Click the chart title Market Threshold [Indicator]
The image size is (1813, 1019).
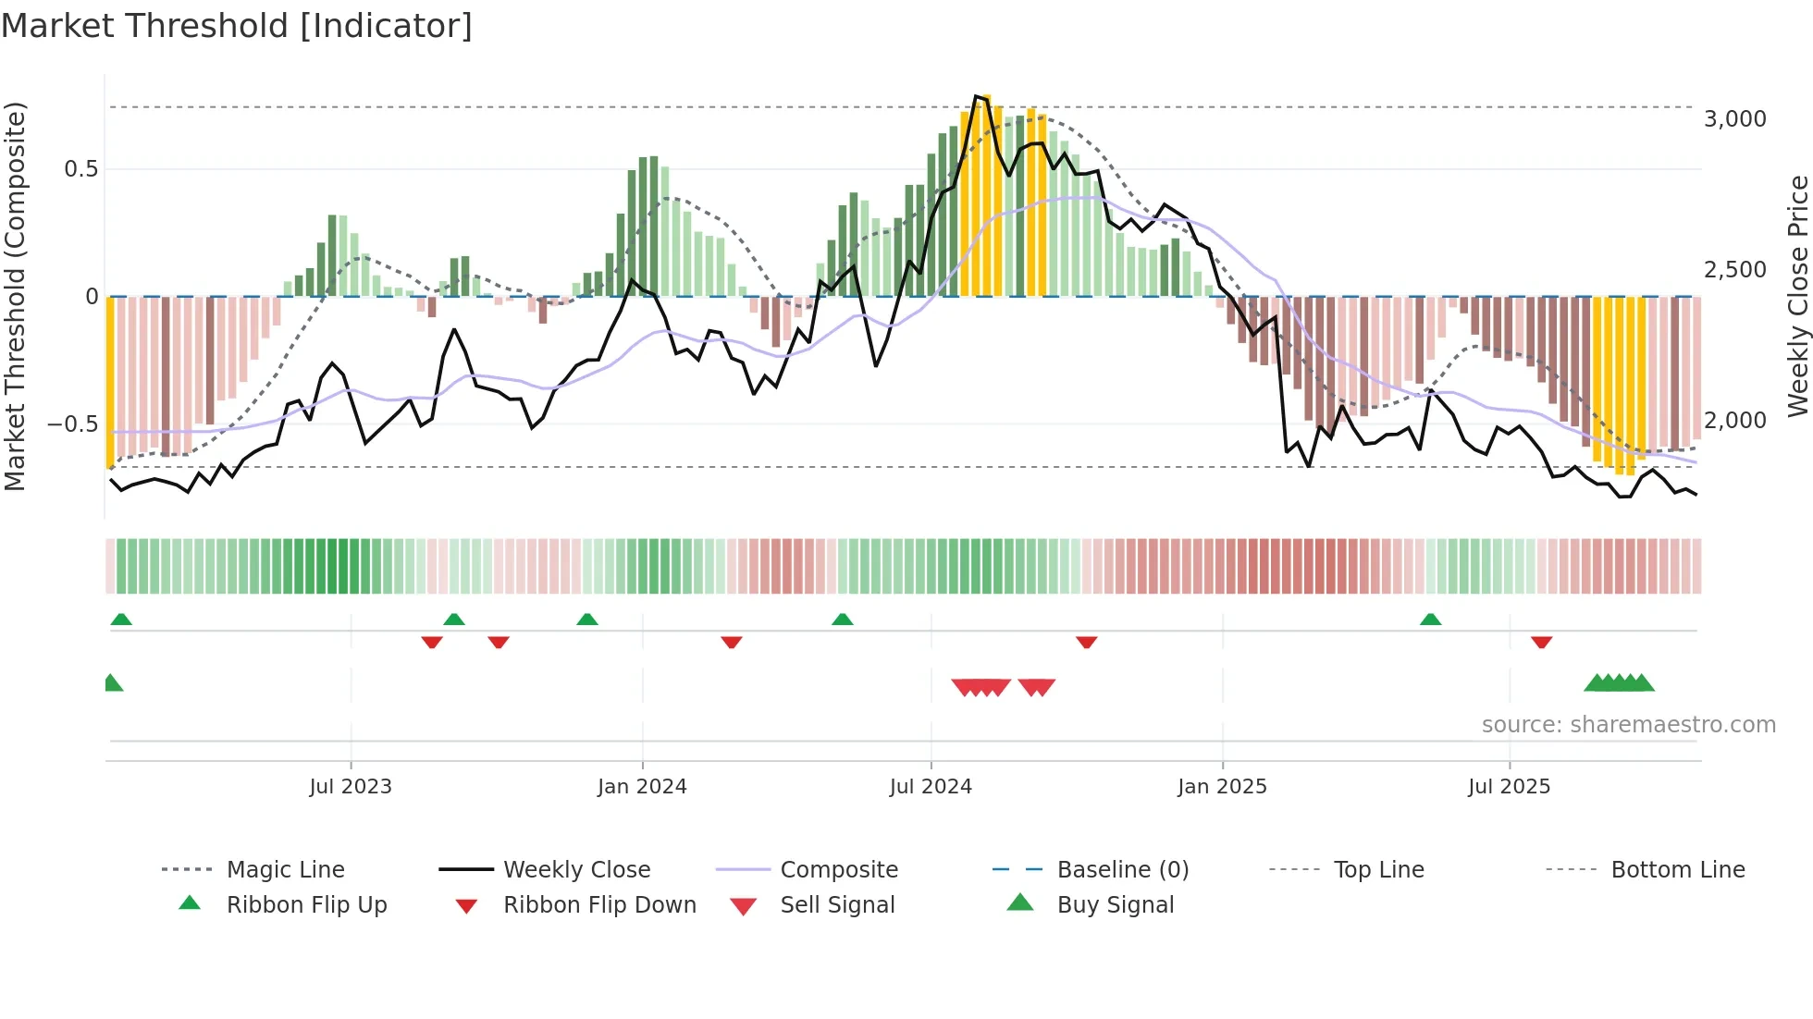point(237,26)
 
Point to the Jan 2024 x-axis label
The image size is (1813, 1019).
point(642,786)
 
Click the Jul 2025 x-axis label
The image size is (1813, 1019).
point(1509,786)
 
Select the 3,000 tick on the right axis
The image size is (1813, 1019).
point(1734,118)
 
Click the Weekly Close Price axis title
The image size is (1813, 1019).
point(1797,296)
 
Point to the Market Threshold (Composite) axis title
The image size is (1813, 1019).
point(15,296)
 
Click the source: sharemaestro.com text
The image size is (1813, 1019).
point(1628,724)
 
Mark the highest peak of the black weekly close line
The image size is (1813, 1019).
point(977,96)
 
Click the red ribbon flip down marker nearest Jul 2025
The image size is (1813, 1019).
point(1541,642)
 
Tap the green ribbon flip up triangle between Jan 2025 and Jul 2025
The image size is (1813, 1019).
point(1430,620)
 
